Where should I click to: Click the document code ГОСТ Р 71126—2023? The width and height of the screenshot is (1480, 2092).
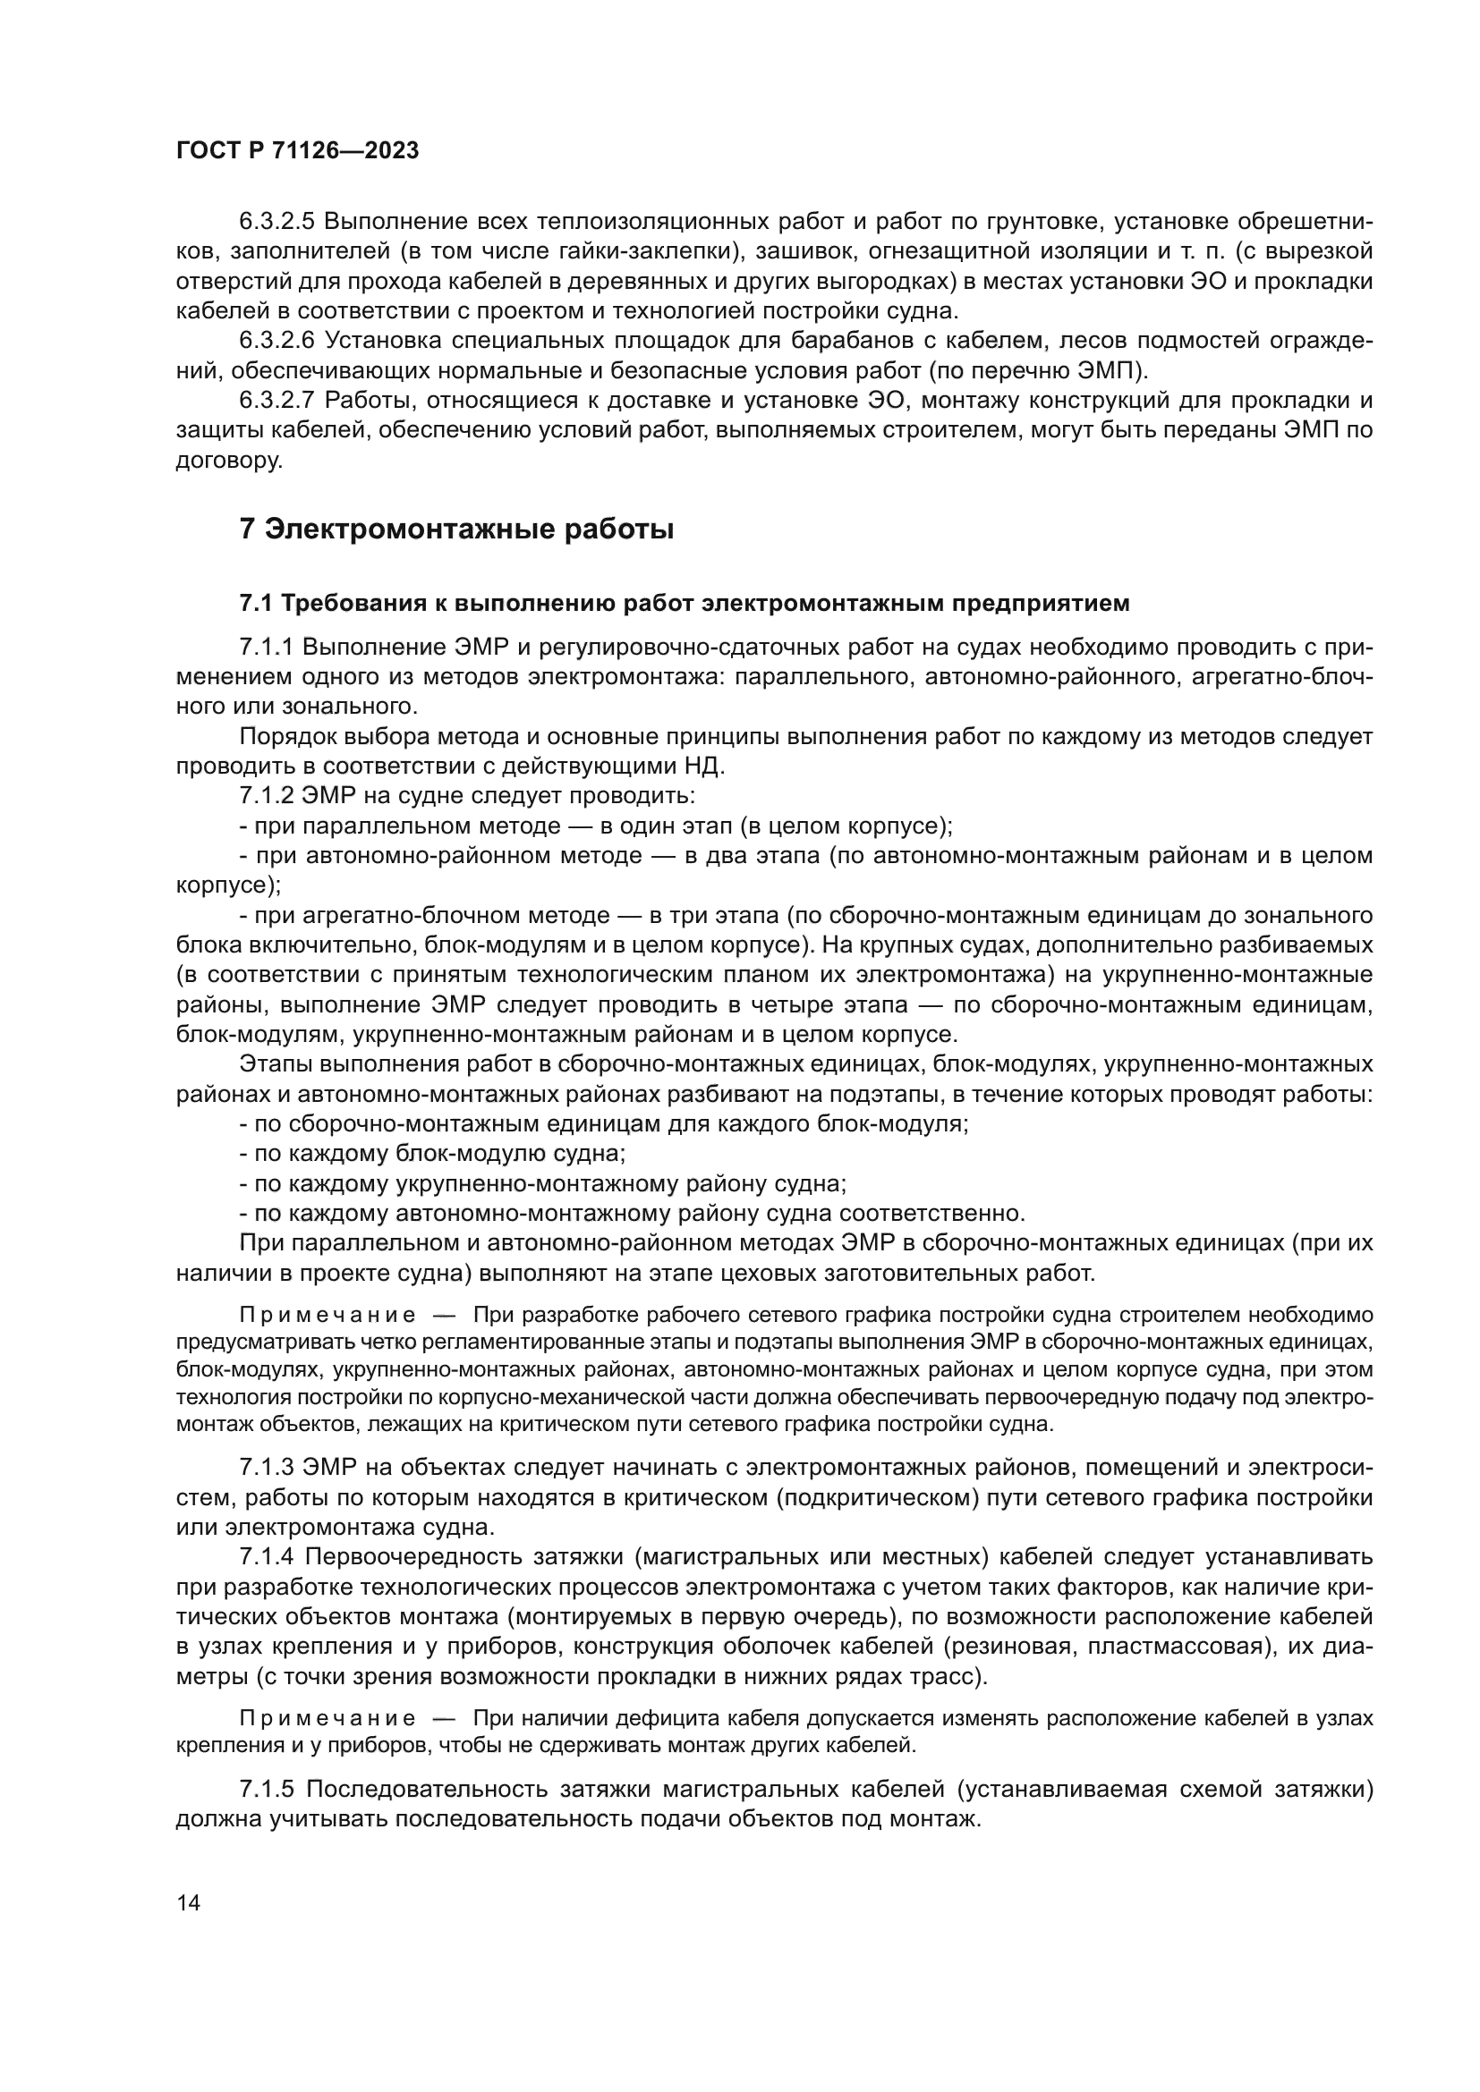[297, 151]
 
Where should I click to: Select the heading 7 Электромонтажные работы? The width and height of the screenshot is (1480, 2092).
[455, 529]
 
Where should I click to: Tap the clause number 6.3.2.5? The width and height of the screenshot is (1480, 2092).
[276, 222]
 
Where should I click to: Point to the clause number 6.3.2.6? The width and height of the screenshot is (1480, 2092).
[276, 341]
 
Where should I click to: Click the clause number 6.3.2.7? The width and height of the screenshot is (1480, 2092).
[276, 401]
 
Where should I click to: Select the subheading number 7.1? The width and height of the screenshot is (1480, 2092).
[256, 603]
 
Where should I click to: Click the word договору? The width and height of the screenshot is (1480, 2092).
[229, 461]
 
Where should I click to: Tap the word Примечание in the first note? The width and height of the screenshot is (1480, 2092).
[327, 1316]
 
